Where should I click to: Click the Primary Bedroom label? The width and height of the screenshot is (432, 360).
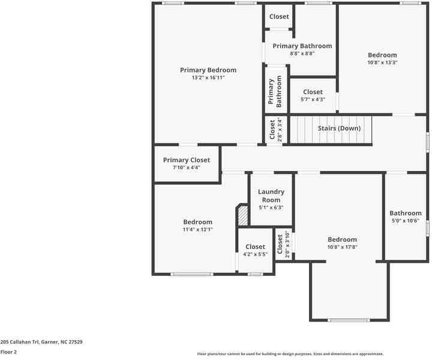(x=208, y=70)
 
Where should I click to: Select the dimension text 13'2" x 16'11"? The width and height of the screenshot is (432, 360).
(x=208, y=77)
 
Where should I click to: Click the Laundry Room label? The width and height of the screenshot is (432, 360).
(x=271, y=196)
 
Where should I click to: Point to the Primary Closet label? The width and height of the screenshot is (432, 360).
(x=187, y=160)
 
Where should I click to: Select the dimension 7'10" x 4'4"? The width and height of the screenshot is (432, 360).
(x=187, y=167)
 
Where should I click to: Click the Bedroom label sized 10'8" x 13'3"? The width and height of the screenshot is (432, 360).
(x=382, y=55)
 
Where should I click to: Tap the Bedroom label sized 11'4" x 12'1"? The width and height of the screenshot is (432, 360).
(x=197, y=222)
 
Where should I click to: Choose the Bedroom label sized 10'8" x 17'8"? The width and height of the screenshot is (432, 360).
(x=342, y=239)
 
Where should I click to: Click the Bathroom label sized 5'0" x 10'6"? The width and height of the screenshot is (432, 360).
(x=406, y=213)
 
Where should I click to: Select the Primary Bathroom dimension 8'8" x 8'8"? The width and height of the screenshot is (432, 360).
(x=302, y=53)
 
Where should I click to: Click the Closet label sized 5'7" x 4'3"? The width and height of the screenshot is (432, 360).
(x=313, y=92)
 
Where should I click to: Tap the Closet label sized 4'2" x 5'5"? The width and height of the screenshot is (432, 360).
(x=255, y=247)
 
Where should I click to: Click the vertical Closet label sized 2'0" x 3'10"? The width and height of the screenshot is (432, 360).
(x=280, y=245)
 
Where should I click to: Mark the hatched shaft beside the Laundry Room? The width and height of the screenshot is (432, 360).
(x=242, y=216)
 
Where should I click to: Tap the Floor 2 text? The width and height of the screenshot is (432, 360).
(x=8, y=352)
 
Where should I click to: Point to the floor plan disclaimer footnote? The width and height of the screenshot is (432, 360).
(x=290, y=354)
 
